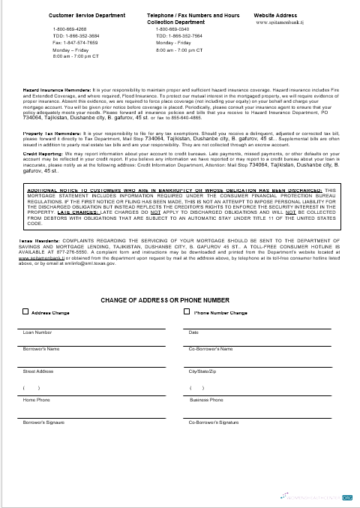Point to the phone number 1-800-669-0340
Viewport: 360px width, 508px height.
[x=172, y=29]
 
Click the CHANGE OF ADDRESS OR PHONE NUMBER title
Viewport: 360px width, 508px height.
[x=181, y=300]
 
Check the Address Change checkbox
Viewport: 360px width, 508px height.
[x=25, y=312]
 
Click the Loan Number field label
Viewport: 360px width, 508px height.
[x=37, y=332]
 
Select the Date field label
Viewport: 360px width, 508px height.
[x=193, y=332]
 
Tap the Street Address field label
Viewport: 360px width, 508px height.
[x=38, y=371]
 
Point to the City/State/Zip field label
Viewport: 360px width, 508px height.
[x=202, y=371]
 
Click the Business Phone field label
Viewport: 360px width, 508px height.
[x=206, y=400]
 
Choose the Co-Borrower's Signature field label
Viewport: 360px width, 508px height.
[x=214, y=423]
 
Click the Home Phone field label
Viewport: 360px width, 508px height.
[x=36, y=400]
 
